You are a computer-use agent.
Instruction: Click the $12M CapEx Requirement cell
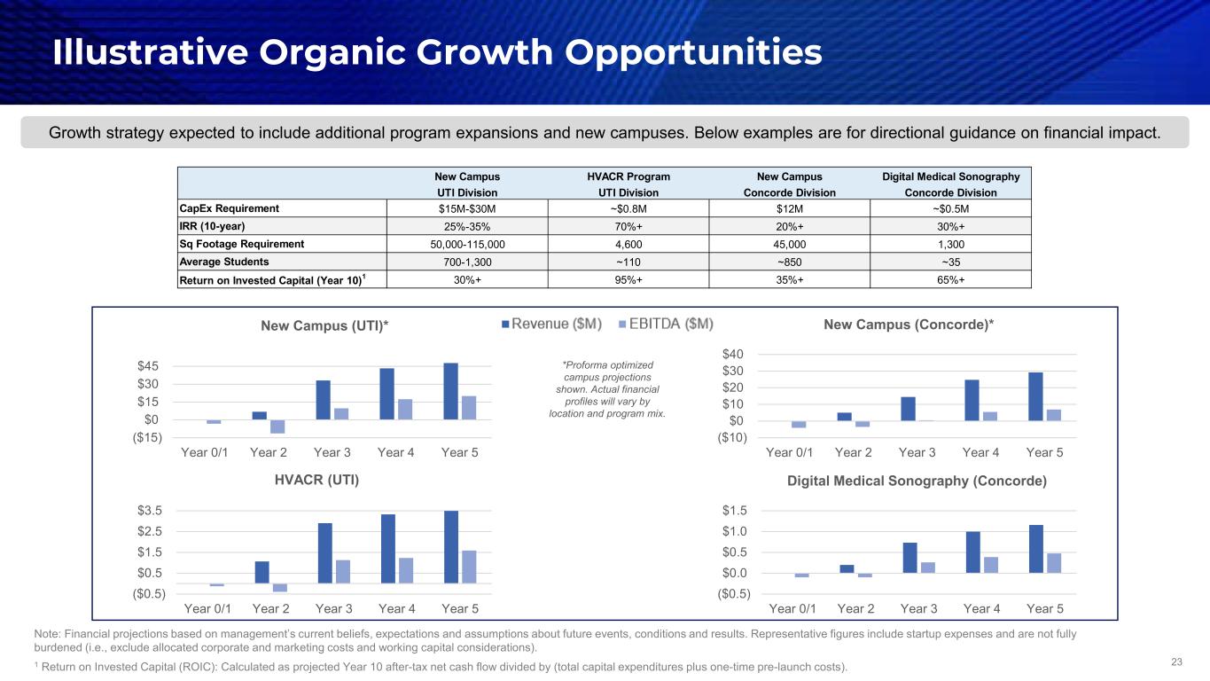[x=790, y=208]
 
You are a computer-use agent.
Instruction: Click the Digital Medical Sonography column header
[x=951, y=176]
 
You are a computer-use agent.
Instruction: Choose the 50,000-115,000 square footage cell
[x=467, y=244]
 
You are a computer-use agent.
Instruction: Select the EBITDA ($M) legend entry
[x=665, y=324]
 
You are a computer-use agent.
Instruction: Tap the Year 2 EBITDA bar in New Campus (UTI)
[x=277, y=427]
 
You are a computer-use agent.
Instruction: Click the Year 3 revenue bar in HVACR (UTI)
[x=325, y=553]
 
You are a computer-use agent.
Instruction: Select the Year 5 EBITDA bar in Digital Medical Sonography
[x=1054, y=563]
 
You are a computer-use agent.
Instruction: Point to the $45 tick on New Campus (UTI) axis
[x=148, y=366]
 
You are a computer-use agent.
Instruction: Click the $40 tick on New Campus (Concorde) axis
[x=734, y=355]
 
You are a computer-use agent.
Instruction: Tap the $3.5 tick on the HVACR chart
[x=148, y=511]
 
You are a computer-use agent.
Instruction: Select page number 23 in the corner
[x=1177, y=661]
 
